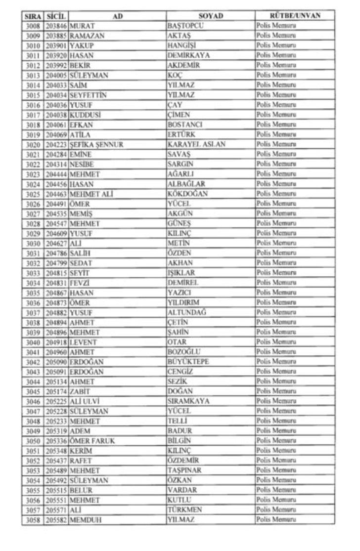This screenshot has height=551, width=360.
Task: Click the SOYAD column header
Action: tap(211, 16)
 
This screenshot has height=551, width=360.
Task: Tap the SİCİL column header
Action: tap(56, 16)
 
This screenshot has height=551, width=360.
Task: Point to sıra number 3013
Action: tap(33, 75)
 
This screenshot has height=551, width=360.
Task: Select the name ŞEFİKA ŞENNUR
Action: tap(96, 144)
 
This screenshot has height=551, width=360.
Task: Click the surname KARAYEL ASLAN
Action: tap(196, 144)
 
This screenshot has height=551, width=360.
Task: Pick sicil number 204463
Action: tap(56, 194)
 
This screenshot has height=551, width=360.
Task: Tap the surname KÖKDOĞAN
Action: tap(187, 194)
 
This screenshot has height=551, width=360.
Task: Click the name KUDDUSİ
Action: tap(86, 115)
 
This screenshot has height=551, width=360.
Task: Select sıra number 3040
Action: tap(33, 342)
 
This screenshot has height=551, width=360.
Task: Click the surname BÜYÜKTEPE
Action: tap(188, 362)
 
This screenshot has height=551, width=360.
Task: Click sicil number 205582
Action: tap(56, 520)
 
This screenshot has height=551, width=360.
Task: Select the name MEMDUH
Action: tap(86, 520)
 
